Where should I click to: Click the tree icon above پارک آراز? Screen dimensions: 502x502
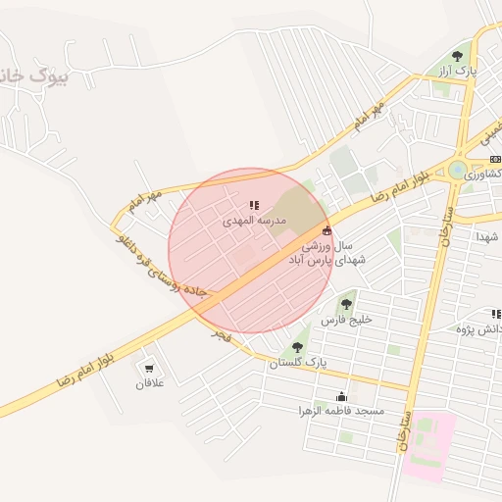(458, 56)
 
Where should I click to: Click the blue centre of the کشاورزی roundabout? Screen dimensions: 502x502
(457, 170)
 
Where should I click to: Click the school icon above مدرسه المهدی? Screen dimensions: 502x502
(254, 206)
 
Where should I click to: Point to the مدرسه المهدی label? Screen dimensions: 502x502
(253, 222)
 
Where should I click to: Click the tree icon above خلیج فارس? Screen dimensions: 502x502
(345, 304)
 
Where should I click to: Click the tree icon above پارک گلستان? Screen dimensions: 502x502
(297, 347)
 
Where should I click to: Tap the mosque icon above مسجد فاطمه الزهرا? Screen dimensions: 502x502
(341, 396)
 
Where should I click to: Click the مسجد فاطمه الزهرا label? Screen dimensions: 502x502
(343, 410)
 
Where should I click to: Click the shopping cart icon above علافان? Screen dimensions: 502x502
(149, 369)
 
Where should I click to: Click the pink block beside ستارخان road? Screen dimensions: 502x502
(428, 446)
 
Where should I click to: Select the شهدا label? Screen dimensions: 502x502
(488, 237)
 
